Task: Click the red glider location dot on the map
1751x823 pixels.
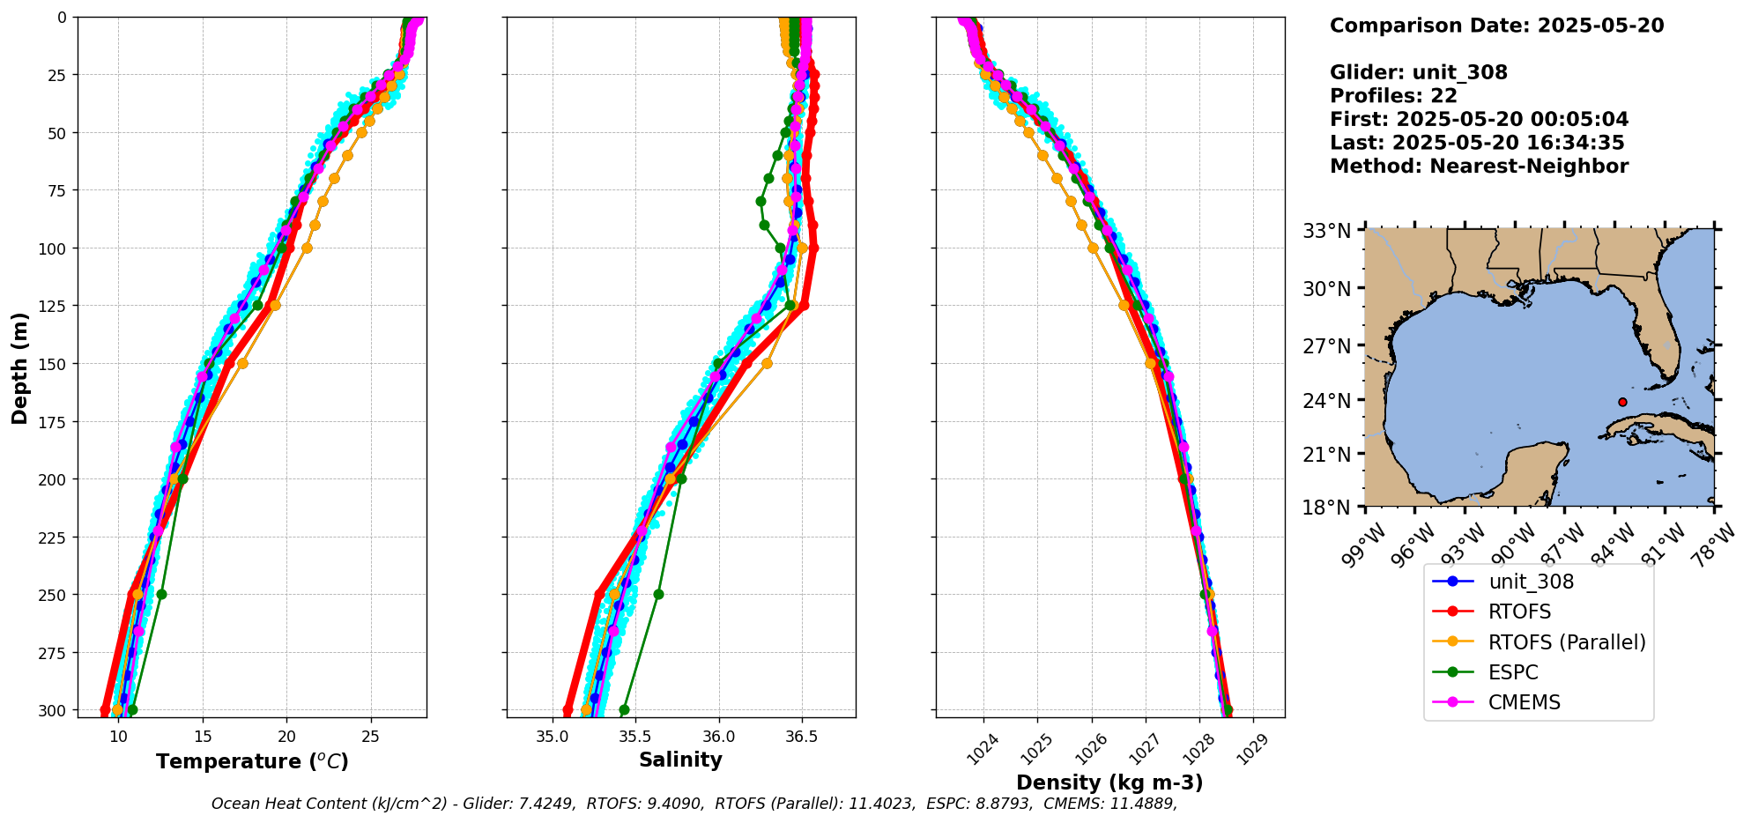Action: tap(1622, 402)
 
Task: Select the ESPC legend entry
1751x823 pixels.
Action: tap(1512, 672)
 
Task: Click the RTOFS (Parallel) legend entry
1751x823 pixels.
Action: tap(1566, 642)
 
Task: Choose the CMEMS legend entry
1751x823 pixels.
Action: tap(1524, 702)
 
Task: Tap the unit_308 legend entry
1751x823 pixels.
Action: tap(1531, 582)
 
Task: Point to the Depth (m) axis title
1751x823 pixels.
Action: tap(19, 367)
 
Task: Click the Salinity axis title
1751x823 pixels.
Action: tap(680, 760)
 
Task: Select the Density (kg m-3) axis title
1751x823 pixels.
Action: tap(1109, 782)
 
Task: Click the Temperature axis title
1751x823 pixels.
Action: tap(252, 761)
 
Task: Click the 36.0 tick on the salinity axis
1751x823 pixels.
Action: tap(718, 737)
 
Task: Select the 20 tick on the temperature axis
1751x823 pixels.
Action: tap(286, 737)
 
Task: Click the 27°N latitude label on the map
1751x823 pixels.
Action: tap(1326, 346)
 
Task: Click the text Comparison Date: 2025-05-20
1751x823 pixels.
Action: tap(1496, 26)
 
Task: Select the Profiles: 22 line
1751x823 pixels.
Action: tap(1393, 96)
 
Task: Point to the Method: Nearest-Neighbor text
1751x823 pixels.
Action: tap(1479, 166)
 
